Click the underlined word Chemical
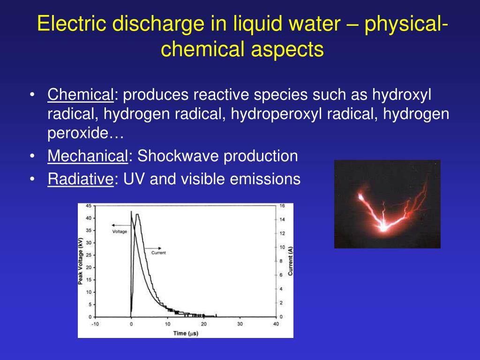point(80,96)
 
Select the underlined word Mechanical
point(88,156)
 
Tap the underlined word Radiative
point(81,179)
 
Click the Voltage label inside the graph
point(120,232)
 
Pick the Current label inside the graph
point(158,253)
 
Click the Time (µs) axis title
point(185,333)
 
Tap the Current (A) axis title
point(291,262)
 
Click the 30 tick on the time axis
point(240,324)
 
